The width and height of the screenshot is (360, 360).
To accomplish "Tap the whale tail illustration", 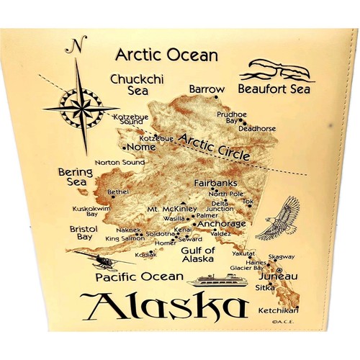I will tap(275, 71).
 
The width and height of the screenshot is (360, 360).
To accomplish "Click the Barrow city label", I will tap(207, 89).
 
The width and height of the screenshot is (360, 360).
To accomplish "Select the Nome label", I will tap(141, 148).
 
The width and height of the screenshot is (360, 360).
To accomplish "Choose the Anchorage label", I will tap(221, 224).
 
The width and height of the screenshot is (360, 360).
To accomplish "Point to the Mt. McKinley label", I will tap(171, 209).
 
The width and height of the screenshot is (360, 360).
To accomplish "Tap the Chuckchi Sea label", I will tap(129, 83).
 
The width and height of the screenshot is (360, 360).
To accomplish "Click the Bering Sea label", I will tap(75, 177).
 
